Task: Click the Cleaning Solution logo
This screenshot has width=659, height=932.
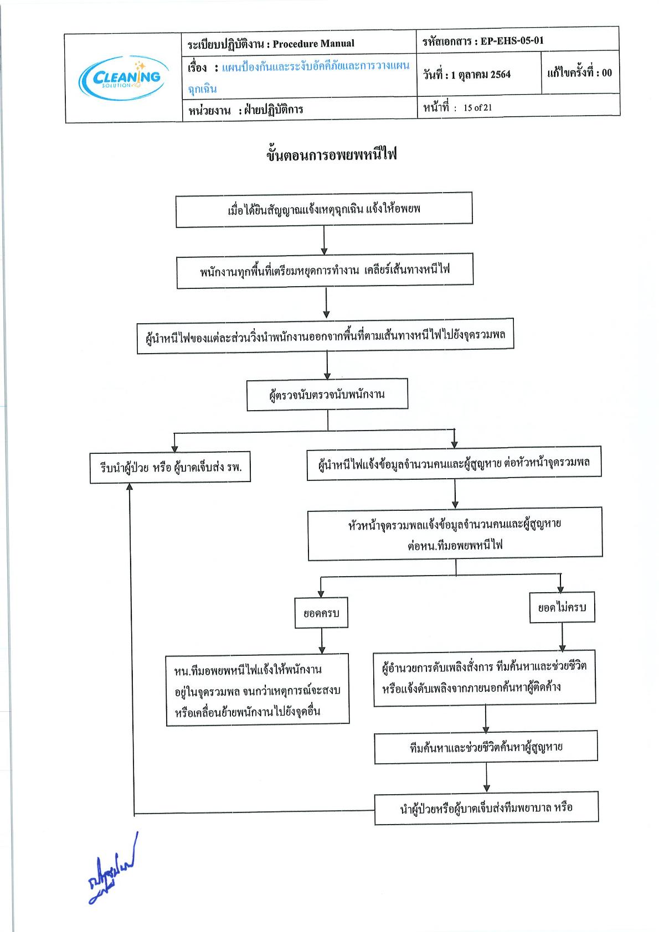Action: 123,78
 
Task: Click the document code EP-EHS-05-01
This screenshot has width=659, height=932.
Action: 512,40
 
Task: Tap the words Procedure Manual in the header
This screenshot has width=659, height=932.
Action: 313,44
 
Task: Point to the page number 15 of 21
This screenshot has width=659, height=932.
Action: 477,108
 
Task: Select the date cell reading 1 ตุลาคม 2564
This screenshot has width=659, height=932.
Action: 478,74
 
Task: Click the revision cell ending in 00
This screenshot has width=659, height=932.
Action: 580,73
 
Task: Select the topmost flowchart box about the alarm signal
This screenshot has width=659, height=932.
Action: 324,210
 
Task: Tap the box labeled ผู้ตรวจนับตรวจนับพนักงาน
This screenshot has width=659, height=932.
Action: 327,395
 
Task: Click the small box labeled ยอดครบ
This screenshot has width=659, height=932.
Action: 321,613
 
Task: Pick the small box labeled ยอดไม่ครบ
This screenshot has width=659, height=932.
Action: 562,608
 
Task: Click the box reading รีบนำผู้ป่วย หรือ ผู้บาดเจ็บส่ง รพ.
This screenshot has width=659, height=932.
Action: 170,467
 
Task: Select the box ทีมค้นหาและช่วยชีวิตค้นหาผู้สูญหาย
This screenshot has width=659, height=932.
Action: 486,747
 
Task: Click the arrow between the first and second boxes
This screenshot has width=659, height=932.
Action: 324,241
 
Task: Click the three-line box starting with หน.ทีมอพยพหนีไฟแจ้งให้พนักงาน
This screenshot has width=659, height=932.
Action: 258,690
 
